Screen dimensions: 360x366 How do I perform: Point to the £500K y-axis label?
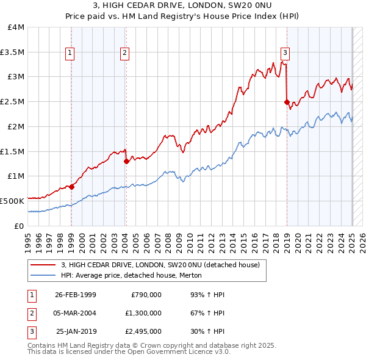click(x=12, y=201)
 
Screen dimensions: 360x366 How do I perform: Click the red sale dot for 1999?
click(x=71, y=187)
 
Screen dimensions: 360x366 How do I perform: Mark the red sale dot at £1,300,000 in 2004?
click(x=126, y=162)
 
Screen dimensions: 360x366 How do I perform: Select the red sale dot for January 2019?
click(x=287, y=103)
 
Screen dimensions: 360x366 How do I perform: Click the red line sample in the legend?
click(x=43, y=265)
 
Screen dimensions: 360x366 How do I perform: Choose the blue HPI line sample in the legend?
click(x=43, y=276)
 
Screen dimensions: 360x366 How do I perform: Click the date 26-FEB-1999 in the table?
click(x=75, y=295)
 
